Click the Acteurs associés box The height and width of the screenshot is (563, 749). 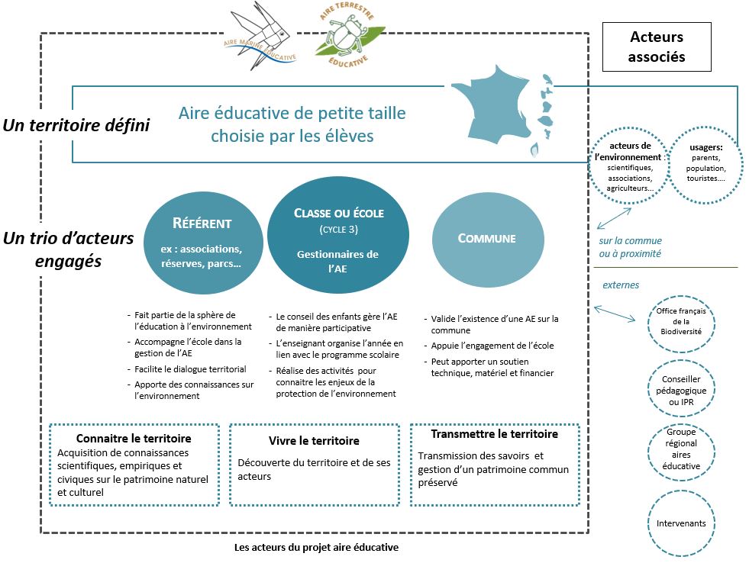tap(657, 47)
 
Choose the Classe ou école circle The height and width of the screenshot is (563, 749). tap(338, 236)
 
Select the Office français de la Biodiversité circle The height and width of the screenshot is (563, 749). tap(682, 323)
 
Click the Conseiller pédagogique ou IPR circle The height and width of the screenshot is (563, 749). tap(682, 389)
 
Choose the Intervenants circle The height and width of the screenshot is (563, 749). tap(682, 523)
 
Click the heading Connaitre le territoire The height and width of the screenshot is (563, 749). tap(134, 439)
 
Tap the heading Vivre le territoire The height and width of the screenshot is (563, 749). tap(314, 441)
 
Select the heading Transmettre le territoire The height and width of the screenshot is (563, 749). tap(494, 434)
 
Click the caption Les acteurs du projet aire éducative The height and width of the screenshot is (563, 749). tap(316, 548)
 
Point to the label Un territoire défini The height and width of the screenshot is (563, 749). tap(76, 125)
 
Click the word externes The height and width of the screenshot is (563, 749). tap(621, 285)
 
